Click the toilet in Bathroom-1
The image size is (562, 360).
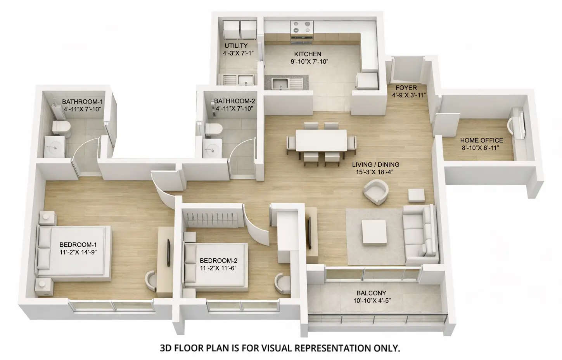(61, 127)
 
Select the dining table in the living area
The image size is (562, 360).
(321, 140)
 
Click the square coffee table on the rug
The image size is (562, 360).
(374, 232)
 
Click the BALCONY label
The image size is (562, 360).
(371, 293)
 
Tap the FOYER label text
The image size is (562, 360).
(406, 88)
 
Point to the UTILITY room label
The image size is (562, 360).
(236, 46)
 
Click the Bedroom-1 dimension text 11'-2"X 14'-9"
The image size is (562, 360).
(78, 252)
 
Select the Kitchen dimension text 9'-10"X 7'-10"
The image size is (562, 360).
(310, 61)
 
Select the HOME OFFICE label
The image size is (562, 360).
(481, 140)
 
